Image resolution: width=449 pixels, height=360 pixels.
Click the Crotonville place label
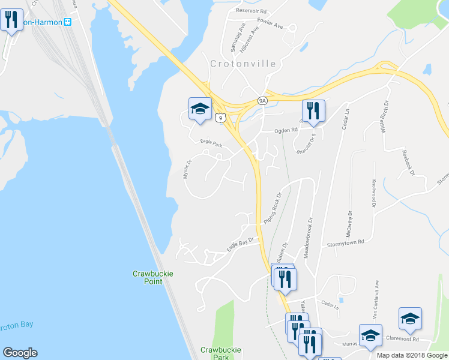point(243,64)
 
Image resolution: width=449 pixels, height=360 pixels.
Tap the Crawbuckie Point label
point(153,278)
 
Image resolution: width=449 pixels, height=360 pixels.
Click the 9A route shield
point(262,101)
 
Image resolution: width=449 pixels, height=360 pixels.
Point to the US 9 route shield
point(221,118)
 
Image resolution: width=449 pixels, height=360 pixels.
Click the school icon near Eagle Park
point(200,109)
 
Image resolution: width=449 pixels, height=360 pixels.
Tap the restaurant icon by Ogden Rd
point(313,111)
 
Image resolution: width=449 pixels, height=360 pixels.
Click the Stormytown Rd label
point(346,243)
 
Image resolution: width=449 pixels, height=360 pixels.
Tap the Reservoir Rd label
point(251,11)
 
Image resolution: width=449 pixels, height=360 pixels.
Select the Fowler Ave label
point(270,22)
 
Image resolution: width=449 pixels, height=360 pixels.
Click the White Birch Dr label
point(383,120)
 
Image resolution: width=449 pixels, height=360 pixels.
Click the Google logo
point(20,353)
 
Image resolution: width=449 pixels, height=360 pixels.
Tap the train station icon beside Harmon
point(68,22)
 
